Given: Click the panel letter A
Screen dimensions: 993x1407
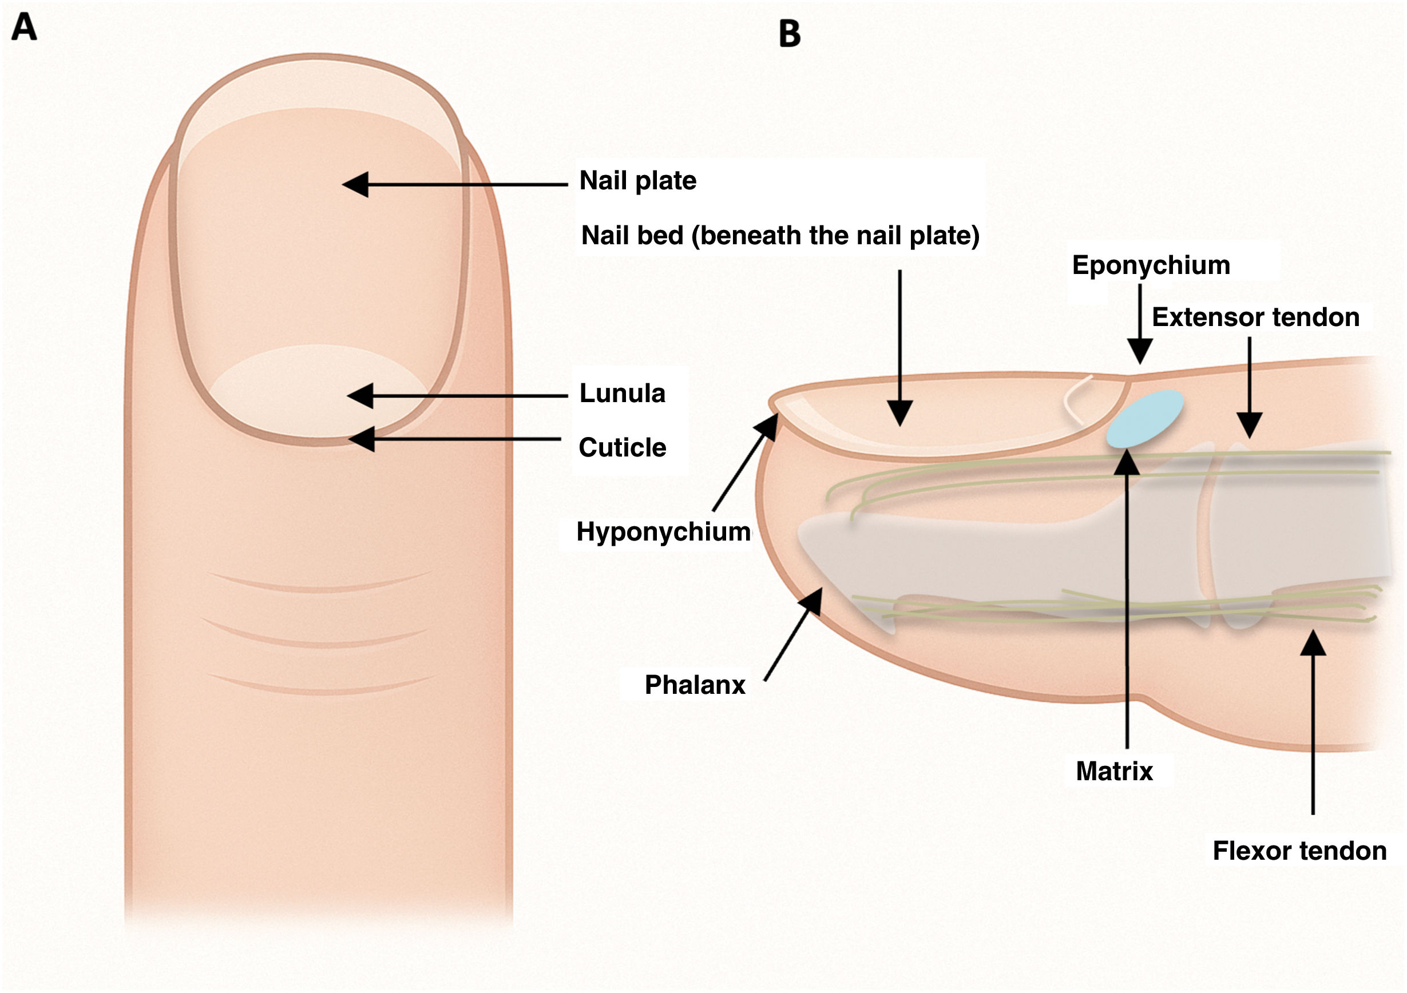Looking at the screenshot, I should click(x=24, y=27).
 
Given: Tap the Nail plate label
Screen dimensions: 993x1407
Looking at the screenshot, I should click(x=637, y=181).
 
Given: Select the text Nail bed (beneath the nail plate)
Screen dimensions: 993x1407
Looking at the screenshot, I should click(x=779, y=236).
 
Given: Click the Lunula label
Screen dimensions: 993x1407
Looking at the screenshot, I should click(x=622, y=394).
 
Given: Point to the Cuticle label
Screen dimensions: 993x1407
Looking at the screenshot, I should click(x=622, y=448).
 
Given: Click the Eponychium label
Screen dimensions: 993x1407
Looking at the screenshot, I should click(x=1150, y=265).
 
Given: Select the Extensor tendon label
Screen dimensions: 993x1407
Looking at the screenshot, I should click(x=1255, y=317).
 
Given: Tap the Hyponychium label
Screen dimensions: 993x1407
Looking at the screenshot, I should click(x=663, y=532).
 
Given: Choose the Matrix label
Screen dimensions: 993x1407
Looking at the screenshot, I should click(x=1113, y=771).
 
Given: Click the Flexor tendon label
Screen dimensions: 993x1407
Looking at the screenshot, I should click(x=1299, y=851).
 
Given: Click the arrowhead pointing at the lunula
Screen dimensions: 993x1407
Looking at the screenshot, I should click(x=360, y=396).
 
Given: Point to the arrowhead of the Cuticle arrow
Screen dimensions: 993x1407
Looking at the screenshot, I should click(x=362, y=439).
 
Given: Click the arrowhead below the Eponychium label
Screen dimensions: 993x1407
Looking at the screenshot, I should click(x=1140, y=353).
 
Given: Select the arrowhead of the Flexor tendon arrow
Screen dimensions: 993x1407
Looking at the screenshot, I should click(x=1313, y=643).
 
